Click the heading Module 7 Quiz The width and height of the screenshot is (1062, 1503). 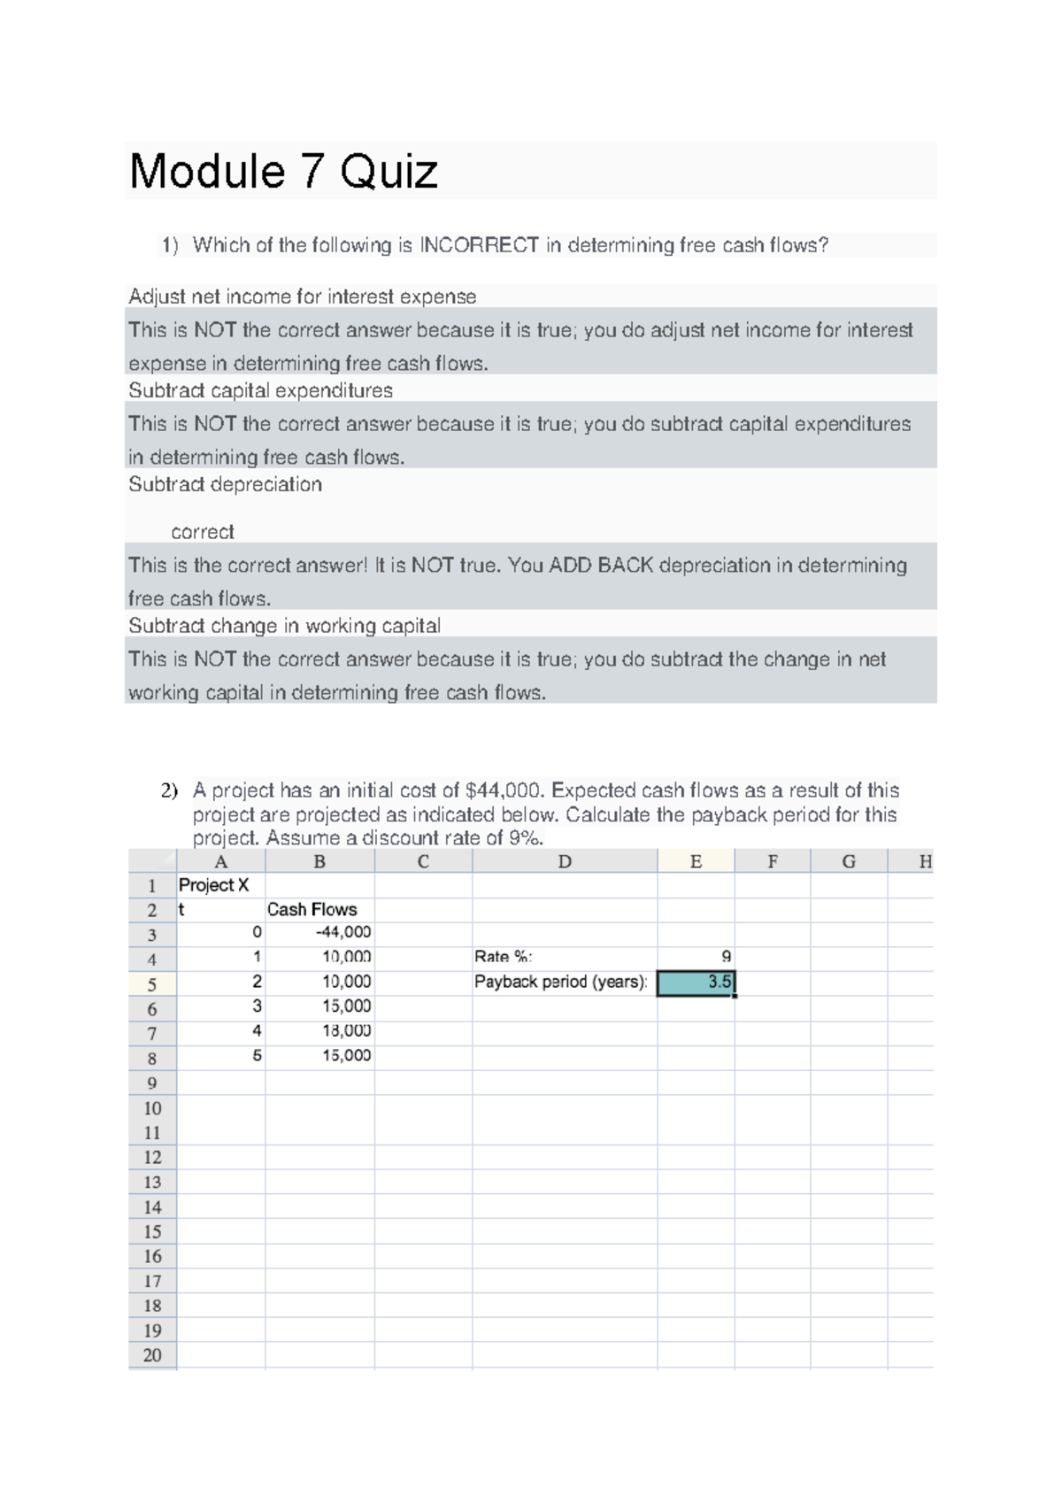point(283,172)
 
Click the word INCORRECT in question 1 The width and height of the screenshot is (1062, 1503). point(479,245)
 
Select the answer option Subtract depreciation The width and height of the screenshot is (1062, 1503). point(225,484)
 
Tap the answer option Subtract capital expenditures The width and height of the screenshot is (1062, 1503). point(260,390)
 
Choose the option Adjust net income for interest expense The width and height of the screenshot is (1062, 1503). point(302,297)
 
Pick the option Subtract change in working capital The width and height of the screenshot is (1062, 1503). point(284,626)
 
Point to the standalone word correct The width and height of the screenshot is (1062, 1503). point(202,532)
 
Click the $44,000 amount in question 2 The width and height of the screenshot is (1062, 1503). point(504,790)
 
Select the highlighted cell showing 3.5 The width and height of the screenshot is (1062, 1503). point(696,982)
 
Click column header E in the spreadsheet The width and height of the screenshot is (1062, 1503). point(696,861)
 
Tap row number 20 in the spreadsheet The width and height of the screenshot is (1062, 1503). point(152,1355)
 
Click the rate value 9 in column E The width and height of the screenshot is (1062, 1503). point(726,957)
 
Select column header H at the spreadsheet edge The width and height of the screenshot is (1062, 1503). point(925,861)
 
